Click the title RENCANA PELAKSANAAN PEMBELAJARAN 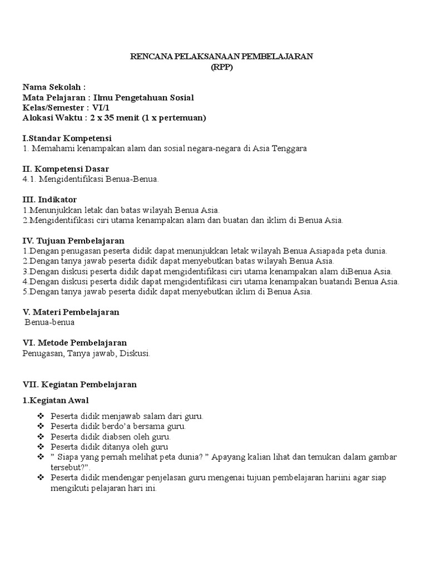222,56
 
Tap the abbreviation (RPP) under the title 222,67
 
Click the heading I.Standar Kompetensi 67,138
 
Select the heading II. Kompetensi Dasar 66,168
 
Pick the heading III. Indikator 49,199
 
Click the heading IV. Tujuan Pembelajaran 73,241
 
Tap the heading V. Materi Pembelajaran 71,312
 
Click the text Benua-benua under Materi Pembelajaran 50,322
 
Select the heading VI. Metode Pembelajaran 75,343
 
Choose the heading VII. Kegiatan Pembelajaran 80,384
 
